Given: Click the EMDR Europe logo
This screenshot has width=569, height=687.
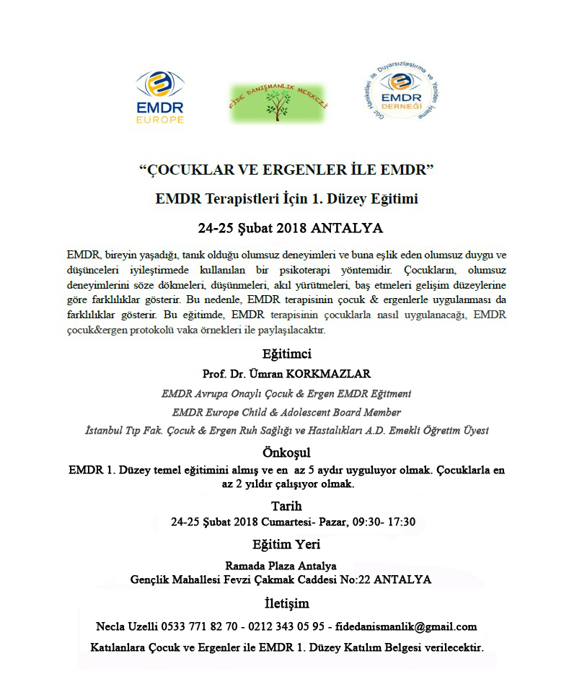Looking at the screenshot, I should point(159,97).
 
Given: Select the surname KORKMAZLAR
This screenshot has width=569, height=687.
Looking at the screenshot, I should point(334,374).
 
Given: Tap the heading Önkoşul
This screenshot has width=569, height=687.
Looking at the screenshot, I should point(286,452).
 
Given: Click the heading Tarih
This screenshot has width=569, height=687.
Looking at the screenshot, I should point(286,505).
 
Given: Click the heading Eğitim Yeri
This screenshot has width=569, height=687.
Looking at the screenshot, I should point(286,544).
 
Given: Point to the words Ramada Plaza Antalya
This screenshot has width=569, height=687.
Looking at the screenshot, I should point(281,566).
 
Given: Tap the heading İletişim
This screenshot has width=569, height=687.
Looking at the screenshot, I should point(286,603).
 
